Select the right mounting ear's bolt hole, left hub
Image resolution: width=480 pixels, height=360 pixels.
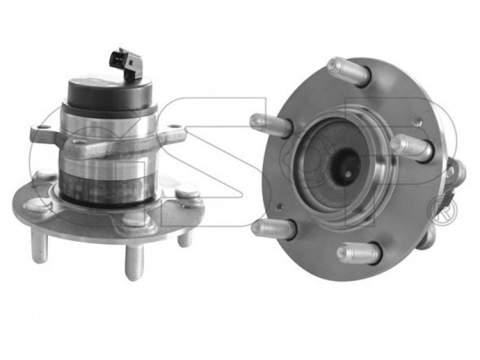click(174, 126)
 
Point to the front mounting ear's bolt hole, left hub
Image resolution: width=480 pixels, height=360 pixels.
click(79, 142)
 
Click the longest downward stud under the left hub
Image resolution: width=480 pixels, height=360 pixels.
click(134, 261)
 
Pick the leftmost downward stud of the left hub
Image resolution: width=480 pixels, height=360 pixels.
click(39, 246)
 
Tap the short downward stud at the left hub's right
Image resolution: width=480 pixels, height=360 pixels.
click(185, 238)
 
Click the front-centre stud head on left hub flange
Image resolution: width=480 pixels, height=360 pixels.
click(136, 220)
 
